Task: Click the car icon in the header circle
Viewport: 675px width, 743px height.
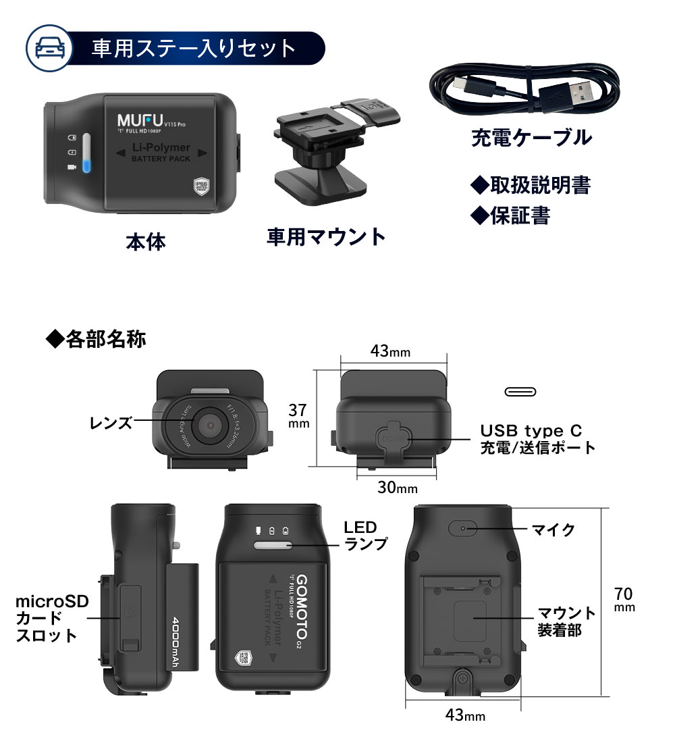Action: click(46, 49)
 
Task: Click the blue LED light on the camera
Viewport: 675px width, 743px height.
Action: click(86, 165)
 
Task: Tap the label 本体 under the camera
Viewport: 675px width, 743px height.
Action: click(145, 241)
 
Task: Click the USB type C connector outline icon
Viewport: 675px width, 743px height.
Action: click(520, 392)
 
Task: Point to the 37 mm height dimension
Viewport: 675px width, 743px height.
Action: click(298, 415)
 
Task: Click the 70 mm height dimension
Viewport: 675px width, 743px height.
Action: click(624, 599)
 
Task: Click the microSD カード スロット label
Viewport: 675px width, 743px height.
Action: click(47, 617)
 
